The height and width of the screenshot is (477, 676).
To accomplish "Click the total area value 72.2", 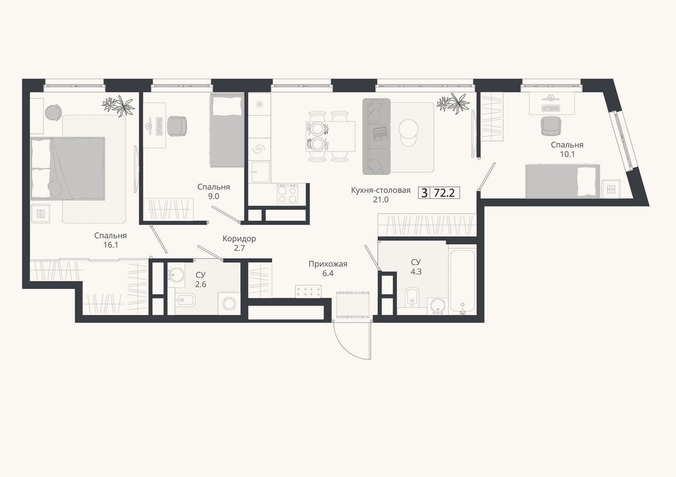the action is pos(444,192).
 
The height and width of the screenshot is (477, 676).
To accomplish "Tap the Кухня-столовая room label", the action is pos(381,190).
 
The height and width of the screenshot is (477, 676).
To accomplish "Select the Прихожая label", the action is pos(328,264).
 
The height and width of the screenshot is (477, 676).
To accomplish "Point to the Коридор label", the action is pos(239,238).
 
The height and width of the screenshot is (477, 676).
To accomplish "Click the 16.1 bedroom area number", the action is pos(111,245).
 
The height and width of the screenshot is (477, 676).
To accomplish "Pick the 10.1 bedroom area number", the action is pos(567,154).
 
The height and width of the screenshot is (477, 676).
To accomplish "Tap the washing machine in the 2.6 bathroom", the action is pos(229,304).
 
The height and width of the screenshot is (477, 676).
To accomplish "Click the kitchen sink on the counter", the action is pos(260,172).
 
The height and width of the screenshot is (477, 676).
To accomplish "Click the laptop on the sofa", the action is pos(380,133).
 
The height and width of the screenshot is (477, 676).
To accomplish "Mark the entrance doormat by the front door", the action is pos(353,305).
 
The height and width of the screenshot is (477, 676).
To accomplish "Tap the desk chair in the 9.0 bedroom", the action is pos(177,126).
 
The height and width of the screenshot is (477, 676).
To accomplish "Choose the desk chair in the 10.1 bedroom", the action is pos(551,126).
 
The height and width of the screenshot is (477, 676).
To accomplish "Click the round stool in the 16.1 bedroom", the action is pos(53,112).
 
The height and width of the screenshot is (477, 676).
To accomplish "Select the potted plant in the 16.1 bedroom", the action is pos(118,105).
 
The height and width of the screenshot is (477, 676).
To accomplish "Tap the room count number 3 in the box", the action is pos(424,193).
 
